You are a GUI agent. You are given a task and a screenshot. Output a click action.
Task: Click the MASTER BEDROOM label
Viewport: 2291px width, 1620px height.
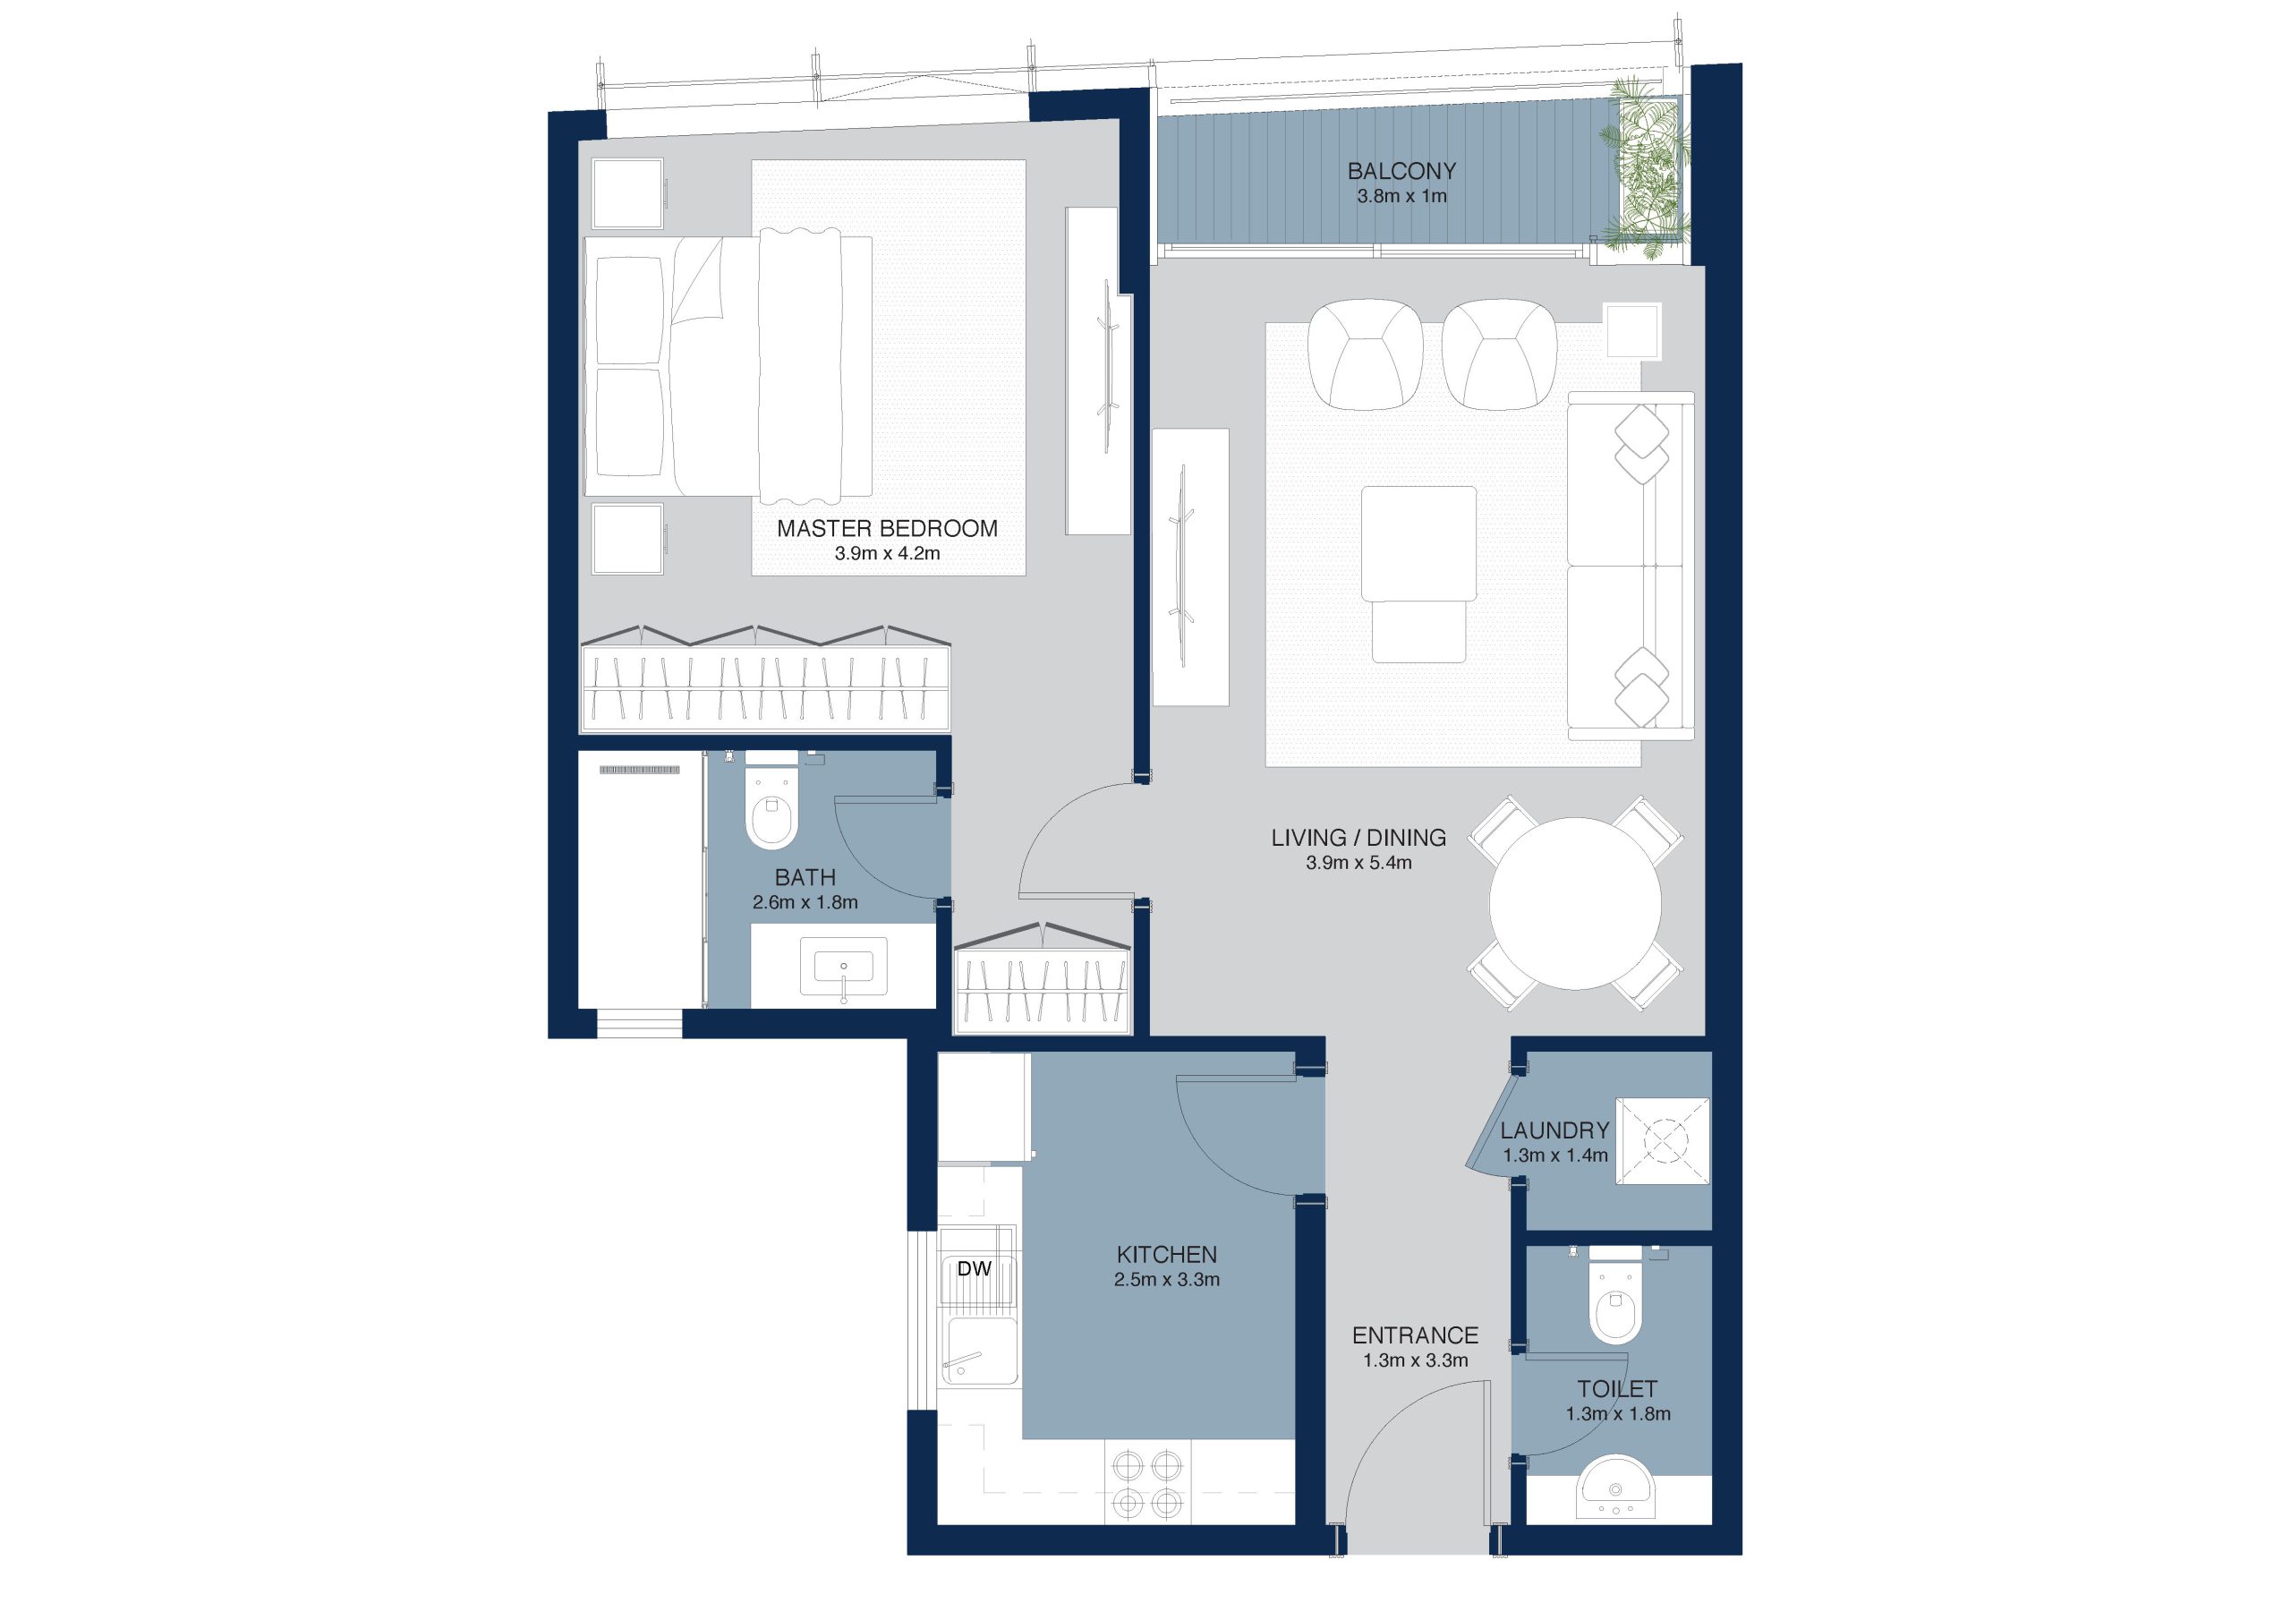click(887, 528)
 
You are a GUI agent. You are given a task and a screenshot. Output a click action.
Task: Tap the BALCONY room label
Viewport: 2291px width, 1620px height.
click(1401, 171)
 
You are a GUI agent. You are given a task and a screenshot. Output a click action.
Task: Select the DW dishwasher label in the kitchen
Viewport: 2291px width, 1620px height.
click(974, 1268)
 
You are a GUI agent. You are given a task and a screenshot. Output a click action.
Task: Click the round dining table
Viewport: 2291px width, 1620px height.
click(1574, 903)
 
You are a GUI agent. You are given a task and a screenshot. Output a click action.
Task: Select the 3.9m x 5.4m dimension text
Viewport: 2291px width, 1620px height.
click(1358, 864)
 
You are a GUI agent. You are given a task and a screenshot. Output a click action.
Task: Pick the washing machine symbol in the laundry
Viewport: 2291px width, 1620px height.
click(1663, 1141)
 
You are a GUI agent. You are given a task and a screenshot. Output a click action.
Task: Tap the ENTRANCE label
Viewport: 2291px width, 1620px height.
click(1415, 1335)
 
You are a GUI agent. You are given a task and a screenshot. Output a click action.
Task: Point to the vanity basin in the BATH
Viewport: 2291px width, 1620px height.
click(843, 968)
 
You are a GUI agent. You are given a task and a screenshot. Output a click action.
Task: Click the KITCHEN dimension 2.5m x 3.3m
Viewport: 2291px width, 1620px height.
click(1166, 1280)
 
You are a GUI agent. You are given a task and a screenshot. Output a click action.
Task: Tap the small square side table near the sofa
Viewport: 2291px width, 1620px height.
click(1632, 330)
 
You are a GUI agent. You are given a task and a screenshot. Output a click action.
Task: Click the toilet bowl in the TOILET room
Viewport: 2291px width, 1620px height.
click(1615, 1308)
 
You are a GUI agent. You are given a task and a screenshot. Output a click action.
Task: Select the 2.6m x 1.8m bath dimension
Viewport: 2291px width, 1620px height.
click(805, 902)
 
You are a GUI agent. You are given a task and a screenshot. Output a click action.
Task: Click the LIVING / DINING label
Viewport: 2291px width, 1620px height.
click(1358, 838)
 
